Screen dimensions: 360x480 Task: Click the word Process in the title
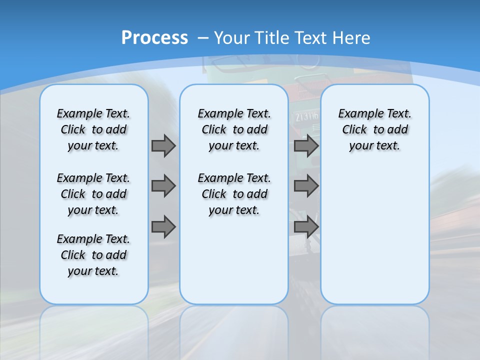154,37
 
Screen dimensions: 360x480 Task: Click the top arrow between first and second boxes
163,145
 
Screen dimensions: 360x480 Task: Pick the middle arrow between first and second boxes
163,186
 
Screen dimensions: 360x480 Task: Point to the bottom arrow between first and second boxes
163,226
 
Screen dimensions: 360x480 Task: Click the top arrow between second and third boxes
306,145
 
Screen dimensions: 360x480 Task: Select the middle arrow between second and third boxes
306,186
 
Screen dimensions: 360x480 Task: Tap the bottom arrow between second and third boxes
306,226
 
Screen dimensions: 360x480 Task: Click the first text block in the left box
93,129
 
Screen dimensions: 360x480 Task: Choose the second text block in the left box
93,194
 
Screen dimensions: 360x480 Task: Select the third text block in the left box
93,255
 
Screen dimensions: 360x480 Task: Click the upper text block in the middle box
234,129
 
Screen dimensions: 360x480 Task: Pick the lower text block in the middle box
234,194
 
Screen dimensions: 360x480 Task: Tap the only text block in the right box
374,129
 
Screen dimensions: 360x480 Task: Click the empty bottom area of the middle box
234,265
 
